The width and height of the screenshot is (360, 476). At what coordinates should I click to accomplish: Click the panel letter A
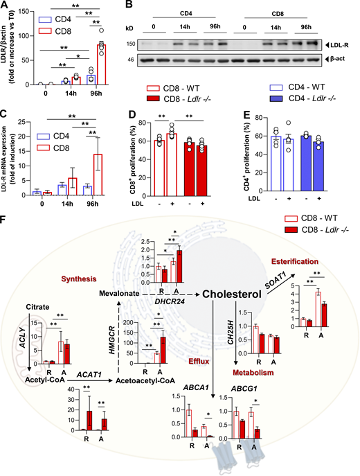pos(6,6)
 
